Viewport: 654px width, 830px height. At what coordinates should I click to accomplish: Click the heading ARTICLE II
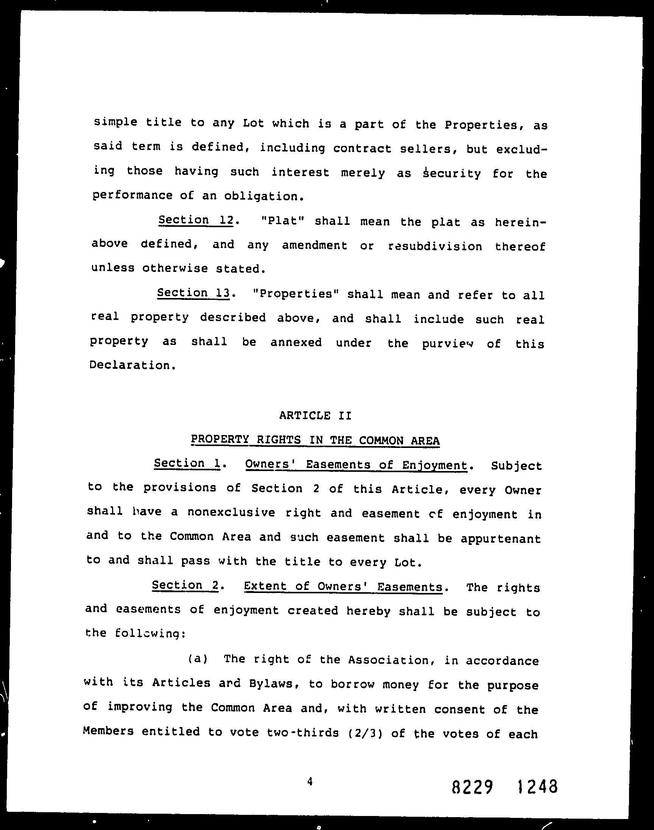tap(315, 415)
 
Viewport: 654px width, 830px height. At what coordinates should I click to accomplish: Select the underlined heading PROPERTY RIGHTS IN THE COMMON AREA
tap(315, 440)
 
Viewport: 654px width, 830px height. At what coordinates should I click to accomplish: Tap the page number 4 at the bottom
tap(310, 771)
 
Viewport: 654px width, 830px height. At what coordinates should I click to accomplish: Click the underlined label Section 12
tap(196, 220)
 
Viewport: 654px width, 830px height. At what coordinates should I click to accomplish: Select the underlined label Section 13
tap(193, 293)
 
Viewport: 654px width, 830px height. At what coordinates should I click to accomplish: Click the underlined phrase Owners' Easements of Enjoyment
tap(356, 465)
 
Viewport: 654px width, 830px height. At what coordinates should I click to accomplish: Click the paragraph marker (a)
tap(198, 658)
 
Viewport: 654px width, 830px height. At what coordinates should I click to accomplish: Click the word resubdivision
tap(435, 246)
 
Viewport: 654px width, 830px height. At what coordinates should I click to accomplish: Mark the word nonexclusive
tap(231, 512)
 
